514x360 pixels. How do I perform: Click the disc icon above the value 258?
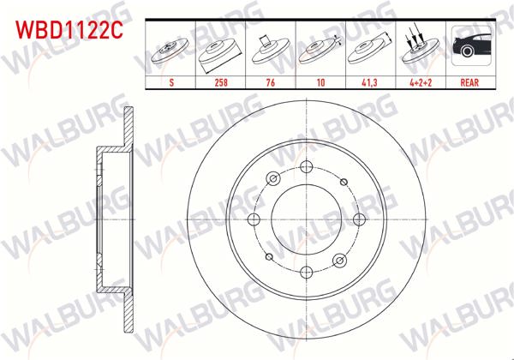coord(221,50)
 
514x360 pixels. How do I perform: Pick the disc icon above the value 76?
coord(271,50)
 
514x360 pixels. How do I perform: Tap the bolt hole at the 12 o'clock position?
coord(306,168)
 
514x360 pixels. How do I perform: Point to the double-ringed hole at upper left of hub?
coord(273,178)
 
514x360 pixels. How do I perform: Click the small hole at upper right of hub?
coord(342,182)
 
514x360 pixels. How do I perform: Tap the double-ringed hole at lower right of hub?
coord(338,259)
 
